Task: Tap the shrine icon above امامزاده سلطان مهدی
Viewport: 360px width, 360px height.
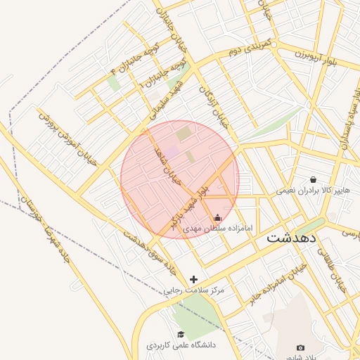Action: [217, 217]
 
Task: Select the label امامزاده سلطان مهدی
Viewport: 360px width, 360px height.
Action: [217, 229]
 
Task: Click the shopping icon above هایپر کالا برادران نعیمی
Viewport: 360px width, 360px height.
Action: [313, 179]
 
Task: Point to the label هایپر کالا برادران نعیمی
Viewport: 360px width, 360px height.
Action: [312, 191]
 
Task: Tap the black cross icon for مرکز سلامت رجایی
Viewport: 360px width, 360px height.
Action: [194, 279]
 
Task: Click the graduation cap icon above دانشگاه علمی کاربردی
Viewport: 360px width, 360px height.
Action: [181, 334]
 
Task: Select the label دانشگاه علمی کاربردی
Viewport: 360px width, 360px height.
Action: [181, 345]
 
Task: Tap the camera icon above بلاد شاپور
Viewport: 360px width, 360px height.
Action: [301, 347]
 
